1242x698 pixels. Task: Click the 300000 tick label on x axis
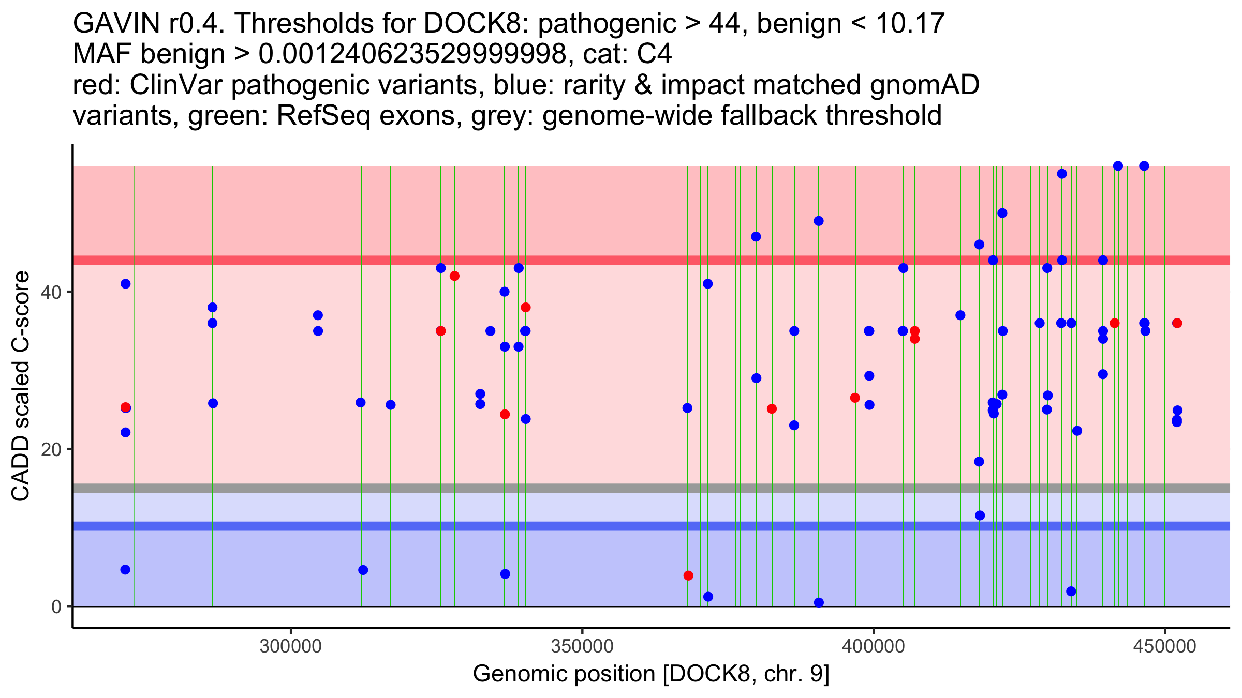(x=291, y=646)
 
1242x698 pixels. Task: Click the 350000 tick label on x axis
(x=582, y=646)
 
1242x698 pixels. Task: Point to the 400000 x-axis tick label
(x=874, y=646)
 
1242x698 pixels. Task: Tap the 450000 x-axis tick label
(x=1165, y=646)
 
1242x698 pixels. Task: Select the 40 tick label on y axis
(x=50, y=292)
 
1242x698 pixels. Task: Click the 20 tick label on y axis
(x=50, y=449)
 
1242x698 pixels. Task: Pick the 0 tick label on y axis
(x=56, y=606)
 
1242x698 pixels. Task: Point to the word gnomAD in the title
(x=924, y=85)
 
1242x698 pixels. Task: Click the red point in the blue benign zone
(x=688, y=575)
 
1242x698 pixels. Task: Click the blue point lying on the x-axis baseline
(x=819, y=602)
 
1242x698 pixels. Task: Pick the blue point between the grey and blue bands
(x=980, y=515)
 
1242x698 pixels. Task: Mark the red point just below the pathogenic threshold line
(x=454, y=276)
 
